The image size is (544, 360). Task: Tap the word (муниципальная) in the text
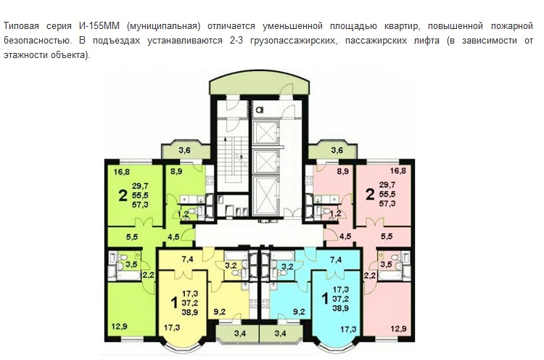[x=163, y=26]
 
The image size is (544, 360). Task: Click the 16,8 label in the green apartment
[x=121, y=171]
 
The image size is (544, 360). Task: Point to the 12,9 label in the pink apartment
[x=399, y=329]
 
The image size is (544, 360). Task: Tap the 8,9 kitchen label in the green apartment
[x=176, y=171]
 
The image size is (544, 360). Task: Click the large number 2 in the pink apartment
[x=370, y=195]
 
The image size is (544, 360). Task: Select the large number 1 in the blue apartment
[x=325, y=298]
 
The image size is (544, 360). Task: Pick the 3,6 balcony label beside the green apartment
[x=184, y=150]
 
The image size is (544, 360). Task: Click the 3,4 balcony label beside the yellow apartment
[x=240, y=334]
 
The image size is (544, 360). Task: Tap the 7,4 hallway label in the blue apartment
[x=336, y=259]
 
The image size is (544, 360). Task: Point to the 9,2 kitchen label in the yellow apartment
[x=219, y=312]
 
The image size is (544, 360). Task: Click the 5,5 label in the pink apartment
[x=387, y=237]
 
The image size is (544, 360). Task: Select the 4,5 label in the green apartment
[x=173, y=237]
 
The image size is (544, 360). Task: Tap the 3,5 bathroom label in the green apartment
[x=131, y=264]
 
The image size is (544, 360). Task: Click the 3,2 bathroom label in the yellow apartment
[x=231, y=266]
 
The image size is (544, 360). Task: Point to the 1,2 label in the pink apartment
[x=335, y=213]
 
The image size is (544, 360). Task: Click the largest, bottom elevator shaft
[x=265, y=196]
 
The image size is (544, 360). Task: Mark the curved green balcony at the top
[x=259, y=83]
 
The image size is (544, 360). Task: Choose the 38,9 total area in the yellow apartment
[x=190, y=312]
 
